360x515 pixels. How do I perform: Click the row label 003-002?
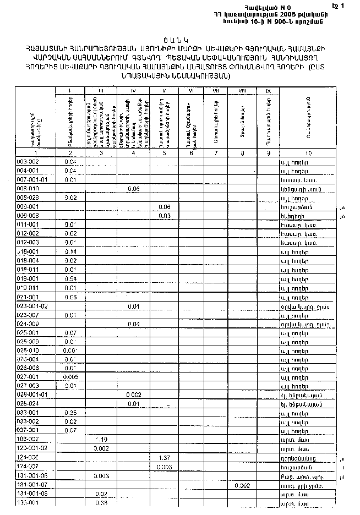[x=28, y=162]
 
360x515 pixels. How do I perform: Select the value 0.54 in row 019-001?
[x=70, y=279]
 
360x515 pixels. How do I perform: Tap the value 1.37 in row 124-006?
[x=163, y=457]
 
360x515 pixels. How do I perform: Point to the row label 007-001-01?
[x=32, y=179]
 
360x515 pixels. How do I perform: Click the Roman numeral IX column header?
[x=268, y=91]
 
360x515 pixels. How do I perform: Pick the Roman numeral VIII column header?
[x=242, y=91]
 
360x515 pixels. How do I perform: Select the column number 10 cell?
[x=308, y=153]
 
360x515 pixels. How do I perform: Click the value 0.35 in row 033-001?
[x=70, y=412]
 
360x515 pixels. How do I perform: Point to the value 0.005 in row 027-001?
[x=70, y=377]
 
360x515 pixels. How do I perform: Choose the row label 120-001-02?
[x=32, y=448]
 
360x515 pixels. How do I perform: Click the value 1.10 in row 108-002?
[x=101, y=439]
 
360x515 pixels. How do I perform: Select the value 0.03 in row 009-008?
[x=163, y=216]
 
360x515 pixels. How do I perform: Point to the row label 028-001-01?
[x=32, y=395]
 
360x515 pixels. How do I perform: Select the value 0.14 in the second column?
[x=70, y=251]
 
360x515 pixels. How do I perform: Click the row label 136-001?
[x=27, y=503]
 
